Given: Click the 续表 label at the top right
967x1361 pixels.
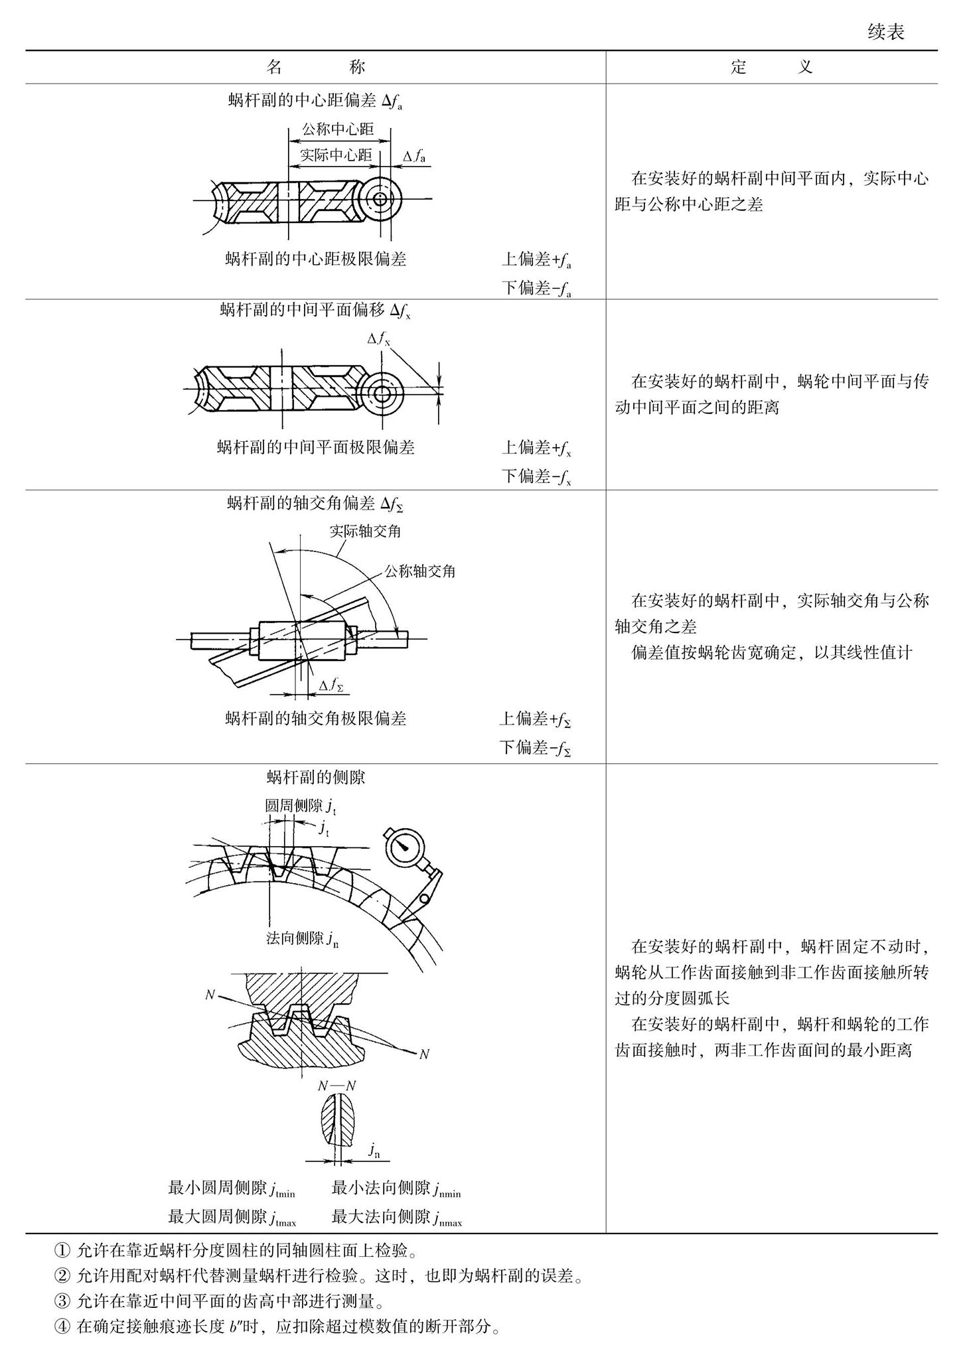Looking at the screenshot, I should pos(885,32).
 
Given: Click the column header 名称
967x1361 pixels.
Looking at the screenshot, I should pos(315,67).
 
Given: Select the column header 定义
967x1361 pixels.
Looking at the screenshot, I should pos(771,67).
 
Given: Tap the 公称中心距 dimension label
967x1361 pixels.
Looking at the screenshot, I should pos(338,129).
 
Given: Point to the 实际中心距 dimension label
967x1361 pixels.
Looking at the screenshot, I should pos(336,155).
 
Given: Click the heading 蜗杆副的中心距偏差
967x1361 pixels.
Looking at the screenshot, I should pos(315,101).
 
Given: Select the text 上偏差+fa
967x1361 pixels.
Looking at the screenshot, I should pos(536,260).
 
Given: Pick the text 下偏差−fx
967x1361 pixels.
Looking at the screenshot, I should pos(536,476).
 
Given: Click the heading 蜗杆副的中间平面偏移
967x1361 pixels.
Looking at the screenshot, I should pos(315,310).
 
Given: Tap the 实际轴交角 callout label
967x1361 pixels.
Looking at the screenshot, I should pos(365,531).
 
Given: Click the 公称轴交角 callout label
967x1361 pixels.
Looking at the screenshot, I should pos(420,571).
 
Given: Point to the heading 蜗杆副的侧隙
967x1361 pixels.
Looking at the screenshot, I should pos(315,777).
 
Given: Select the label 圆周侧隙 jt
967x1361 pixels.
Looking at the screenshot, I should pos(301,806).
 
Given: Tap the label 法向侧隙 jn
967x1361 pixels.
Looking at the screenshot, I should pos(302,938).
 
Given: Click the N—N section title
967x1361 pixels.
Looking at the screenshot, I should pos(336,1086).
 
